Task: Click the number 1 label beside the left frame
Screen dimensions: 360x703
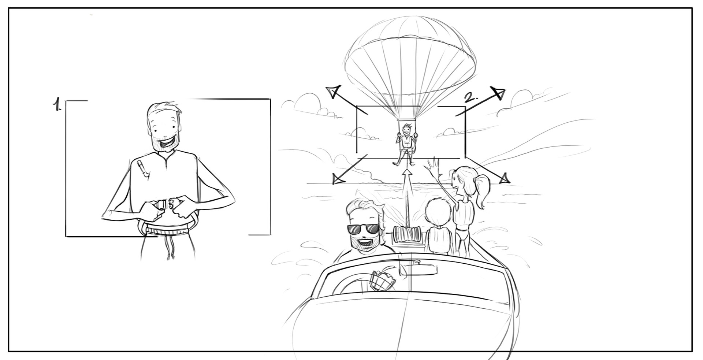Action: click(57, 104)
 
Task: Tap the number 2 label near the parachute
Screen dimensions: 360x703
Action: click(471, 98)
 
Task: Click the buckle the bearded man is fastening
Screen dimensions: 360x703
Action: click(167, 204)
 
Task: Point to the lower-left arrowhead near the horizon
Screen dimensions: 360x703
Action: click(337, 179)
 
